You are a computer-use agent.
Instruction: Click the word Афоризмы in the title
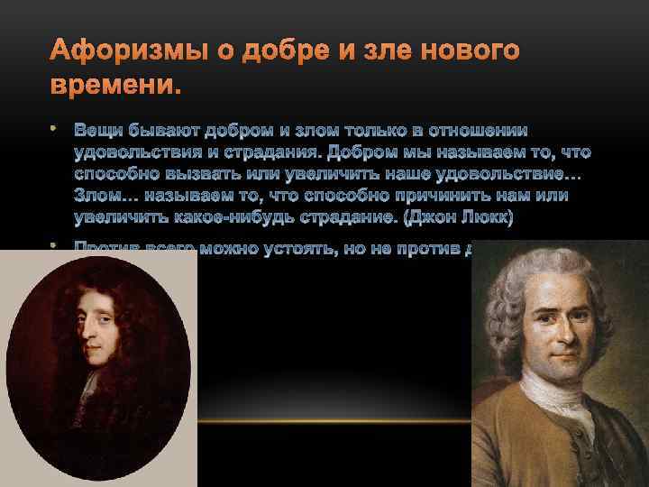tap(109, 52)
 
